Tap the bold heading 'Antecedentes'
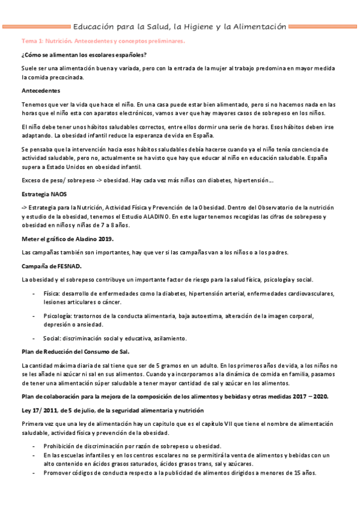[40, 91]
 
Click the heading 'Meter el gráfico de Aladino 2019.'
[67, 239]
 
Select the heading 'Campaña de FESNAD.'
[51, 265]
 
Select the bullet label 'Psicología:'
[58, 315]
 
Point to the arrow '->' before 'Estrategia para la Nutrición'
[24, 207]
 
